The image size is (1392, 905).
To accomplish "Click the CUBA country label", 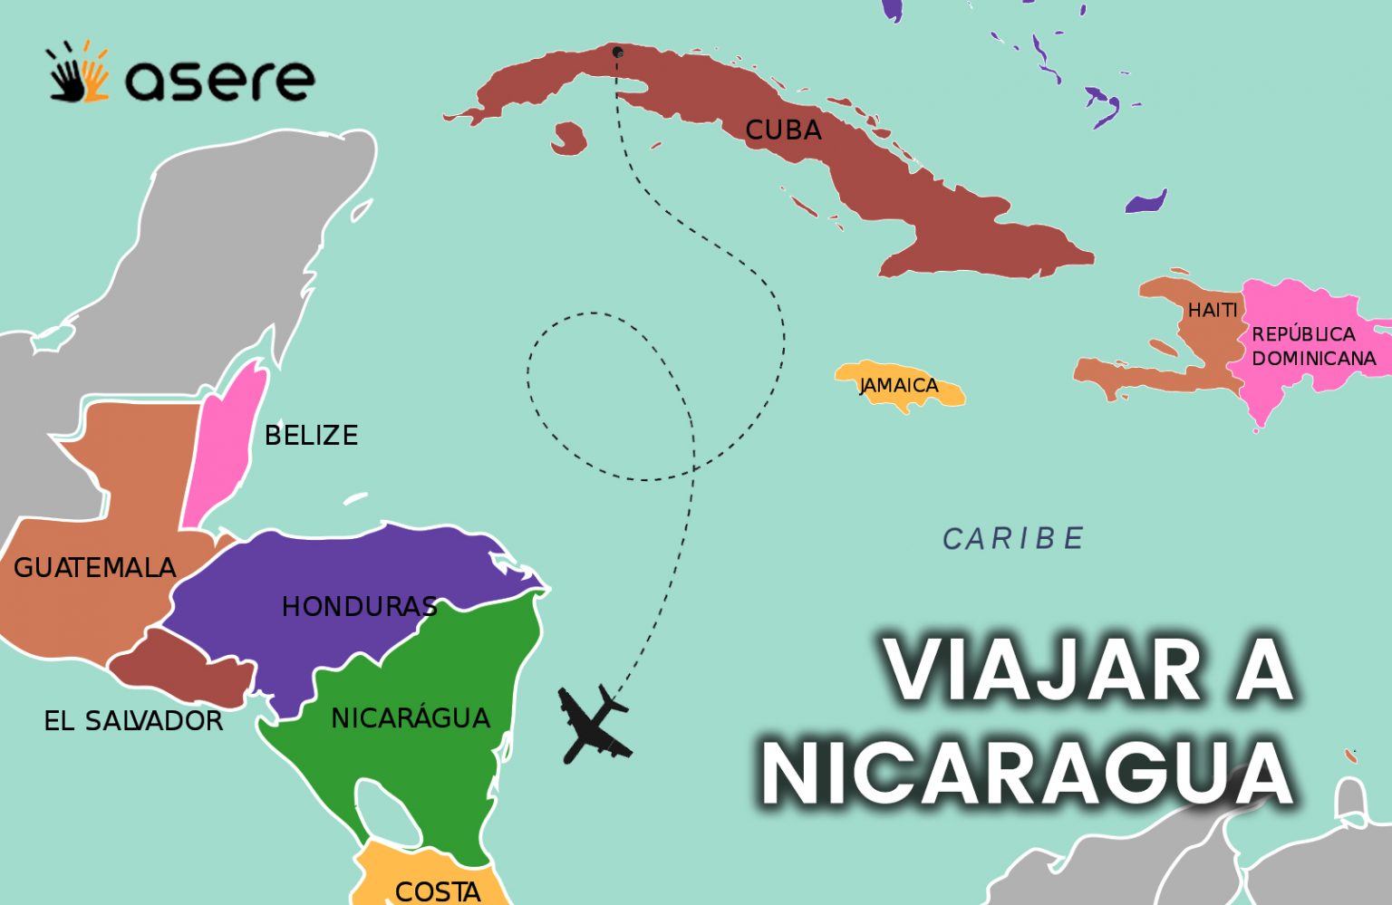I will [x=783, y=130].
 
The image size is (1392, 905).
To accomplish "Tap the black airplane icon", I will [x=592, y=725].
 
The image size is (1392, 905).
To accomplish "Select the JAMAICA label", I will [x=899, y=385].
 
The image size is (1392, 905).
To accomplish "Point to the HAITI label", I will [x=1213, y=310].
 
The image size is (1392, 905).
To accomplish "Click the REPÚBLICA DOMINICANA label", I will [x=1312, y=346].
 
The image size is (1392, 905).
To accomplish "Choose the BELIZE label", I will [x=311, y=436].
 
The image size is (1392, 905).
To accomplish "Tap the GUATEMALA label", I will [x=94, y=568].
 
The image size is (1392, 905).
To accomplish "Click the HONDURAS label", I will [x=359, y=606].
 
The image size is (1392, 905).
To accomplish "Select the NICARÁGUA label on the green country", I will [x=410, y=718].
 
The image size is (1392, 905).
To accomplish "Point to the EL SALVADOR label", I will [x=133, y=721].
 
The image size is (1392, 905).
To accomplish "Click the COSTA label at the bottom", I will [x=438, y=891].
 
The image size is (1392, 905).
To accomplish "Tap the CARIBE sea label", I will [x=1013, y=539].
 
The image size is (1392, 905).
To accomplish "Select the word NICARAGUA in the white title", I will [x=1027, y=772].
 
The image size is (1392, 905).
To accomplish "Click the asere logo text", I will [x=219, y=80].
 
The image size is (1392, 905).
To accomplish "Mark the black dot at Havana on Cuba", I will [x=617, y=52].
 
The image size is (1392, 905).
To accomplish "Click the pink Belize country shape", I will [x=227, y=448].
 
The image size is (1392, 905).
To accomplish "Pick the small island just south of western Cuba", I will [x=568, y=140].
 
